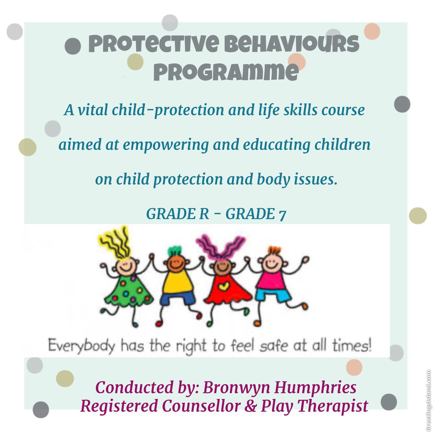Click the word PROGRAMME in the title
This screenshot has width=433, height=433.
[x=226, y=72]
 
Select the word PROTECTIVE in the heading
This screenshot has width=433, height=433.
[x=153, y=44]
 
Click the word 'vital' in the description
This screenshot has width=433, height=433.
[x=93, y=110]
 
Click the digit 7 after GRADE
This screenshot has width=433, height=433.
[x=282, y=215]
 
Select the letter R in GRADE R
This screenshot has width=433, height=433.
[x=204, y=214]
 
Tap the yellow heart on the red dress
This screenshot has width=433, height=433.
[x=224, y=286]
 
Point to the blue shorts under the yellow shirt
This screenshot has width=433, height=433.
[x=178, y=298]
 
